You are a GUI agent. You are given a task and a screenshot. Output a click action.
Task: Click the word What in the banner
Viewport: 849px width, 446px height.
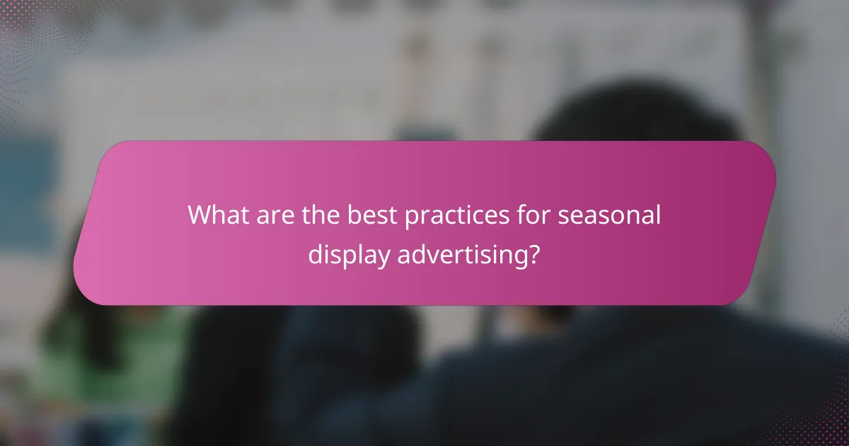[x=216, y=215]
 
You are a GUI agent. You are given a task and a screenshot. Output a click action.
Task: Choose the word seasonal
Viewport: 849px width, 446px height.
[x=609, y=215]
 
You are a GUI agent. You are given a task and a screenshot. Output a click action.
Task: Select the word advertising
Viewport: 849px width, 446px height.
[x=461, y=254]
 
